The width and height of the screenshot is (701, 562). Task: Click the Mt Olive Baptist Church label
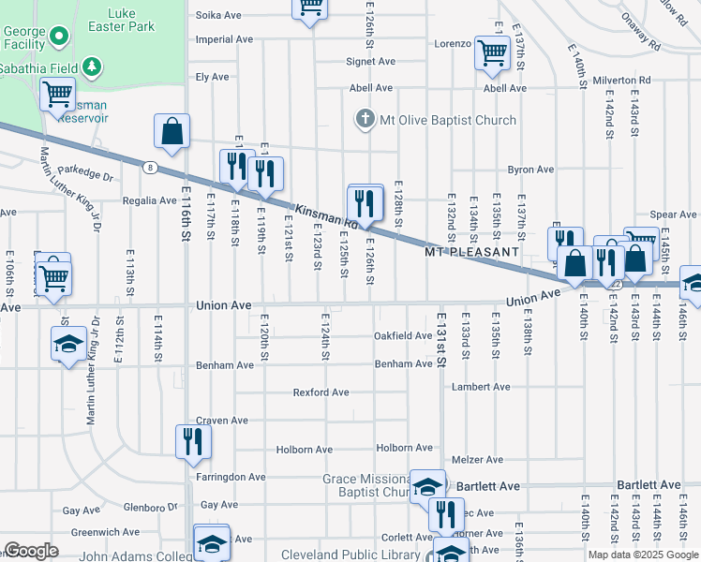(x=447, y=120)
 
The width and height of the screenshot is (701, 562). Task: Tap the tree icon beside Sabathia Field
(x=91, y=66)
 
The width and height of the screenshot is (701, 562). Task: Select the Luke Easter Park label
(x=130, y=20)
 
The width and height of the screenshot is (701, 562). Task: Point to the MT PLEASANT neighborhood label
(x=471, y=253)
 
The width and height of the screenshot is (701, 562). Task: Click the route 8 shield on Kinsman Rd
(x=150, y=167)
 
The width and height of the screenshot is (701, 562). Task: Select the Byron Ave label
(x=530, y=170)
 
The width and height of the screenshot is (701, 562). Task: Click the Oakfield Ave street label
(x=403, y=335)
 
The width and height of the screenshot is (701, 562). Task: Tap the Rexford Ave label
(x=321, y=392)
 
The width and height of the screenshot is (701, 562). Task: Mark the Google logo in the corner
(x=31, y=551)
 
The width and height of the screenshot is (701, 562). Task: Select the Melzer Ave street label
(x=478, y=460)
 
